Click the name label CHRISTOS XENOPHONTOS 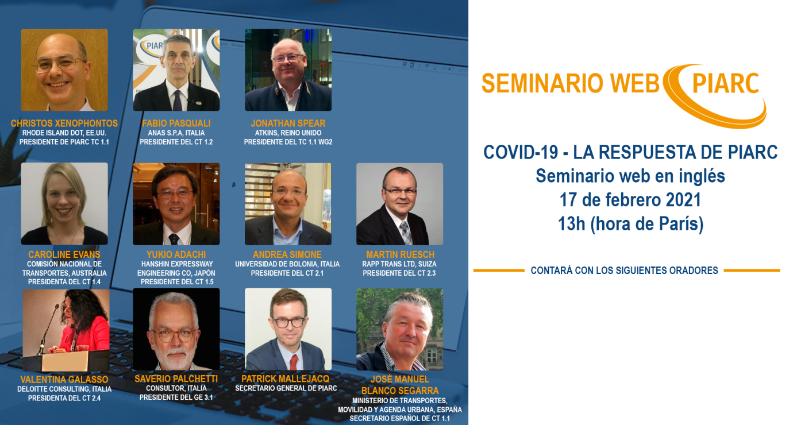(x=64, y=123)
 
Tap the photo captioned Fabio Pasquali (x=176, y=69)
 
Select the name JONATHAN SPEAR (x=288, y=123)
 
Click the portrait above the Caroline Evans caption (x=64, y=203)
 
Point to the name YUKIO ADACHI (x=176, y=254)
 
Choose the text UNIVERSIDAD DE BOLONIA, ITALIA (x=287, y=264)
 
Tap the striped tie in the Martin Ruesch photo (x=406, y=232)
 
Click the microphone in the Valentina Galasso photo (x=49, y=329)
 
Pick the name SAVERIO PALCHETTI (x=176, y=378)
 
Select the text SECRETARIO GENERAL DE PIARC (x=286, y=388)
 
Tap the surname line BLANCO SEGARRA (x=400, y=391)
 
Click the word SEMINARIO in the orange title (x=542, y=83)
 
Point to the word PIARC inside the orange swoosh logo (x=726, y=83)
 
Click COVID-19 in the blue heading (x=521, y=152)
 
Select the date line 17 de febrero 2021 (x=630, y=200)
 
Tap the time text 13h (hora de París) (x=630, y=223)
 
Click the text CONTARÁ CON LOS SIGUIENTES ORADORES (x=624, y=271)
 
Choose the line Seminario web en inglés (x=630, y=176)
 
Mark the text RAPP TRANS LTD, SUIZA (x=399, y=264)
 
